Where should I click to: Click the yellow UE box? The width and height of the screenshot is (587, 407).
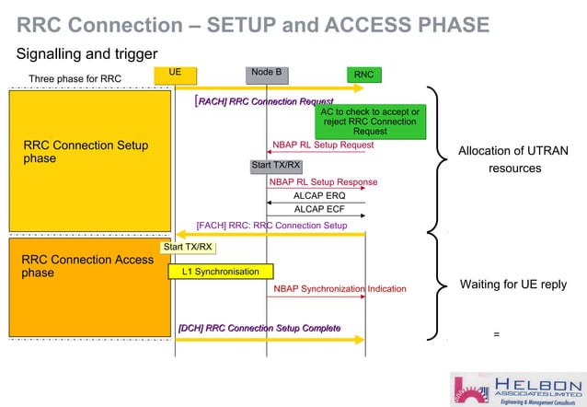click(174, 73)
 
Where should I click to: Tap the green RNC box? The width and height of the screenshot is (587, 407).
click(364, 74)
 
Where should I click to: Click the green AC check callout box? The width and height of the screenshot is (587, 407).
click(370, 122)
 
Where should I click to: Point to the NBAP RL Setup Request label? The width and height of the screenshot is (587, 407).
click(323, 145)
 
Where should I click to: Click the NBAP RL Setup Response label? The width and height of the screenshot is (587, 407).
click(323, 182)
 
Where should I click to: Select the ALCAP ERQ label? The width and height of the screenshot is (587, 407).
click(319, 196)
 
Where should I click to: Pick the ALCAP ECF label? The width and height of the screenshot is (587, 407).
click(319, 210)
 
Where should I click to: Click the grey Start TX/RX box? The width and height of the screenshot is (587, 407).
click(276, 165)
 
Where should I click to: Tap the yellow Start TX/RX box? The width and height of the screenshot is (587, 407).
click(188, 247)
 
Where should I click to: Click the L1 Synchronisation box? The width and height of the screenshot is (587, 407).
click(220, 272)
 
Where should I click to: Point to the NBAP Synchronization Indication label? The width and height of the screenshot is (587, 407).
click(340, 289)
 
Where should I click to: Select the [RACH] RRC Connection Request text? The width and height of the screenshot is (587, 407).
click(264, 100)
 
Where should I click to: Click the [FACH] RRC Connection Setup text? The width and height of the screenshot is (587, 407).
click(271, 225)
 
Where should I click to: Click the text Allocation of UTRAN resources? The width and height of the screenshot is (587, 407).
click(509, 160)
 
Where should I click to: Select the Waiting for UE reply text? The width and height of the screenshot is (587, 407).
click(512, 285)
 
